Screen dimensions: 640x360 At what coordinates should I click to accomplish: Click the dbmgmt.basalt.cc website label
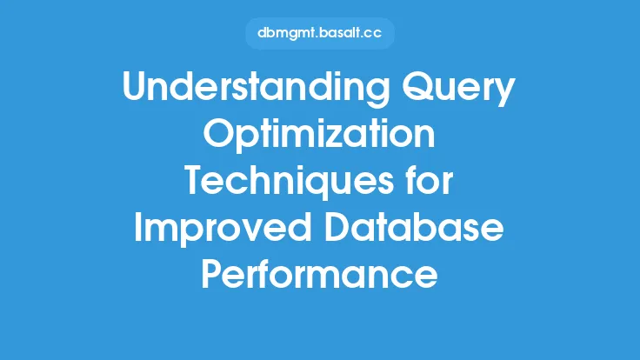pyautogui.click(x=320, y=33)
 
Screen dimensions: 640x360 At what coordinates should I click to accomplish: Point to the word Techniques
pyautogui.click(x=290, y=182)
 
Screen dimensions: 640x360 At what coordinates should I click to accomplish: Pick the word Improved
pyautogui.click(x=223, y=229)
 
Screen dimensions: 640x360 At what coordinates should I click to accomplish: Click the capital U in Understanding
pyautogui.click(x=136, y=87)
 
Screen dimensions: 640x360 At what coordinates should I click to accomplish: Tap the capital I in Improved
pyautogui.click(x=137, y=227)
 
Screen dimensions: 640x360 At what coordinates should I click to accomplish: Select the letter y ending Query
pyautogui.click(x=503, y=93)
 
